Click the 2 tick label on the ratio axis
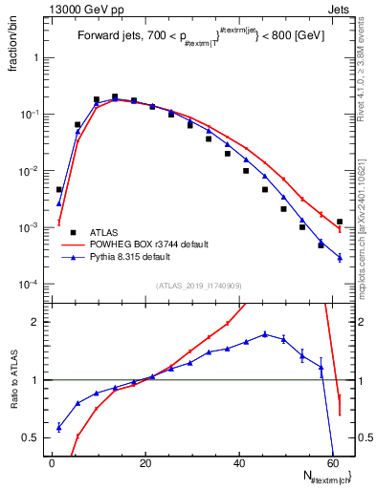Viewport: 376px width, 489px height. tap(33, 322)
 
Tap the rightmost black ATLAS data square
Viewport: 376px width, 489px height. tap(340, 222)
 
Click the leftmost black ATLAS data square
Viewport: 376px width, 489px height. tap(59, 190)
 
